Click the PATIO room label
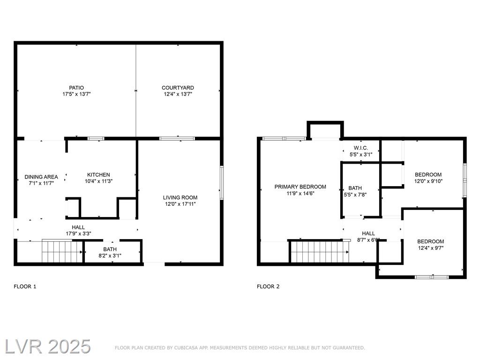[76, 88]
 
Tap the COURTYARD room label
[178, 88]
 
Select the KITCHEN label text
[98, 175]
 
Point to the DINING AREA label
[41, 177]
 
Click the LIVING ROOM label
[180, 198]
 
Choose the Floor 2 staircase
[319, 252]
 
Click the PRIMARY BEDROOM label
[300, 187]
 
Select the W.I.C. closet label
[361, 148]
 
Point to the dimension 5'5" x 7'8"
[355, 195]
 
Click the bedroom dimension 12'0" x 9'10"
[428, 181]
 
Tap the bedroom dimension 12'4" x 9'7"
[431, 248]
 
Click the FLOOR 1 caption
[25, 286]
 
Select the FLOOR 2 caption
[268, 286]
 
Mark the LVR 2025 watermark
[48, 346]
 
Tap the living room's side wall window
[222, 183]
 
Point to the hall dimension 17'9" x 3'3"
[78, 234]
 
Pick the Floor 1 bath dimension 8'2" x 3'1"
[110, 255]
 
